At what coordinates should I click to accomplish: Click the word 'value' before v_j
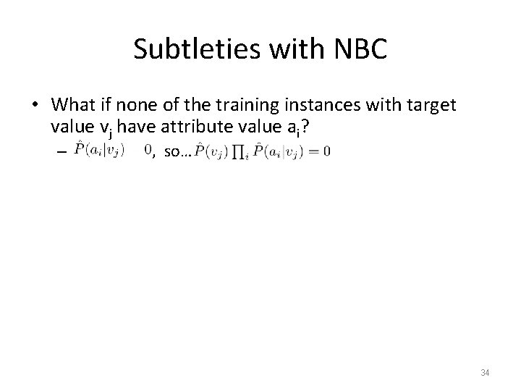point(68,127)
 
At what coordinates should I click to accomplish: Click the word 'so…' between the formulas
point(175,152)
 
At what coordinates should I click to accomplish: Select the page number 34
point(486,373)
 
